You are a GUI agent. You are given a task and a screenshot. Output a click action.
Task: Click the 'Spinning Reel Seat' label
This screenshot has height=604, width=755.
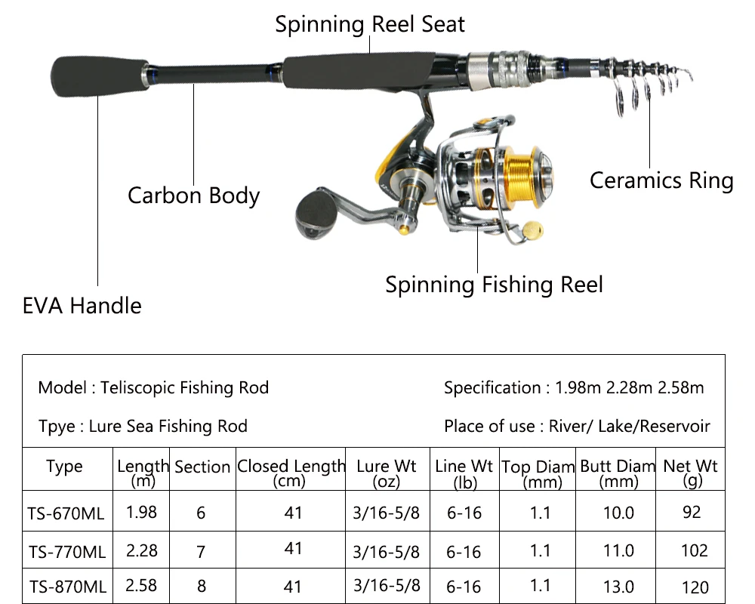(370, 25)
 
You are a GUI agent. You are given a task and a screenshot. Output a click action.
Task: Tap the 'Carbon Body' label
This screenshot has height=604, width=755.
(193, 196)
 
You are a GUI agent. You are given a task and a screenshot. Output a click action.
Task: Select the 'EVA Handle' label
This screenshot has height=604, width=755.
(82, 306)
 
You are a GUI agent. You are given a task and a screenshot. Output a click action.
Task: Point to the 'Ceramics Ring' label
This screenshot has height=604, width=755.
(661, 181)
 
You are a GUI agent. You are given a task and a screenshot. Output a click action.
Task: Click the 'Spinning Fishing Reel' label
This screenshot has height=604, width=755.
(494, 285)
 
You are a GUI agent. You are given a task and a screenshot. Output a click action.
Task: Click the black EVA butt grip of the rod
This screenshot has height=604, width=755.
(100, 76)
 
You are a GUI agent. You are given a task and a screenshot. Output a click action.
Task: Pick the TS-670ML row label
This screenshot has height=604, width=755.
(66, 513)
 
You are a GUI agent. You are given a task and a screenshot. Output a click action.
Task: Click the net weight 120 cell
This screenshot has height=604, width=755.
(695, 587)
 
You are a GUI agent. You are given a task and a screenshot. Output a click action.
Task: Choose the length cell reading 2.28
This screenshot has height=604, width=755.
(142, 550)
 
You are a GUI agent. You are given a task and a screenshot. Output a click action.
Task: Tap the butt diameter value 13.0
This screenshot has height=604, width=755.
(618, 587)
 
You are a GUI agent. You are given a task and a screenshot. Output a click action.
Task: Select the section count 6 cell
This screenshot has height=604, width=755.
(201, 513)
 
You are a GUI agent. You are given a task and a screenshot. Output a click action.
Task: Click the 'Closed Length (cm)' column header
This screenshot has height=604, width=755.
(291, 473)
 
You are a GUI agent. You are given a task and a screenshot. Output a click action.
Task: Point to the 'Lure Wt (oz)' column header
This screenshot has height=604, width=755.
(386, 473)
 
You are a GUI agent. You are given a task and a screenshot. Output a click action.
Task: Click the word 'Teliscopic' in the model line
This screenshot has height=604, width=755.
(138, 388)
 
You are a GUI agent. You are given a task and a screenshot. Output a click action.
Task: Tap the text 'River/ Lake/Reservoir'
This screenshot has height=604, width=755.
(630, 427)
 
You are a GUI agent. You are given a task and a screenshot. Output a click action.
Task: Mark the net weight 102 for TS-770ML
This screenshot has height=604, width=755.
(695, 550)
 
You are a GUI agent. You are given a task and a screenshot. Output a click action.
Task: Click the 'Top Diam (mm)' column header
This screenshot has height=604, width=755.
(538, 474)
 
